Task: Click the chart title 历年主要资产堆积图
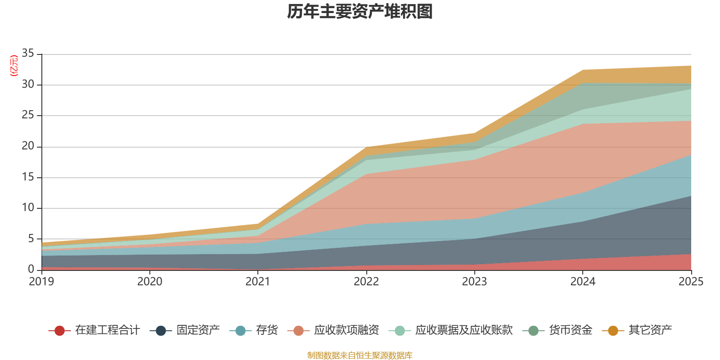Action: coord(360,12)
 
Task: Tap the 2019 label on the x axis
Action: coord(41,282)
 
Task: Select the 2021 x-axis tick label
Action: coord(258,282)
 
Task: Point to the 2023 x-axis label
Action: coord(474,282)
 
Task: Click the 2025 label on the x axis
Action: coord(690,282)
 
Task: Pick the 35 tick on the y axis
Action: coord(28,54)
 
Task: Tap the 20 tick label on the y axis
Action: coord(28,146)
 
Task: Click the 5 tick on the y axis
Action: coord(31,238)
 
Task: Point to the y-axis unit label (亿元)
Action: coord(14,66)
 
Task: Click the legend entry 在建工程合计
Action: coord(107,330)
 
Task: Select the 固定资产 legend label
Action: coord(198,330)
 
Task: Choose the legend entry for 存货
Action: coord(267,330)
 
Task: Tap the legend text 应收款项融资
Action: coord(346,330)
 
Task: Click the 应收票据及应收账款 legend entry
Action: coord(464,330)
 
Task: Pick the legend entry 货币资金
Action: coord(571,330)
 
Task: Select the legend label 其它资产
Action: coord(650,330)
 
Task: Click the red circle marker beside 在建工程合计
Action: coord(59,331)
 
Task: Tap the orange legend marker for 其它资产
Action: coord(613,331)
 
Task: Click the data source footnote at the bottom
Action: coord(360,355)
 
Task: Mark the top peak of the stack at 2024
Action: coord(583,70)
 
